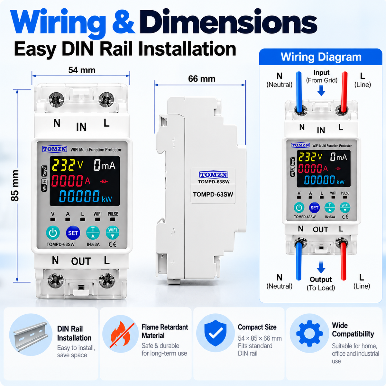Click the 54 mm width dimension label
(82, 70)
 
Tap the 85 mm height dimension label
(15, 185)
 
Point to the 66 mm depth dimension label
(201, 79)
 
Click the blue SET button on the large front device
(73, 233)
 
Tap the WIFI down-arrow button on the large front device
(112, 233)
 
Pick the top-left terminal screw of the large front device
(56, 99)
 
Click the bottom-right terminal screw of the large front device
(107, 280)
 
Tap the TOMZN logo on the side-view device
(214, 174)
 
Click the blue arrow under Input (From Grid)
(321, 90)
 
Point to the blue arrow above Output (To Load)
(321, 267)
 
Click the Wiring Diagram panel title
(321, 57)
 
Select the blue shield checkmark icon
(215, 333)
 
